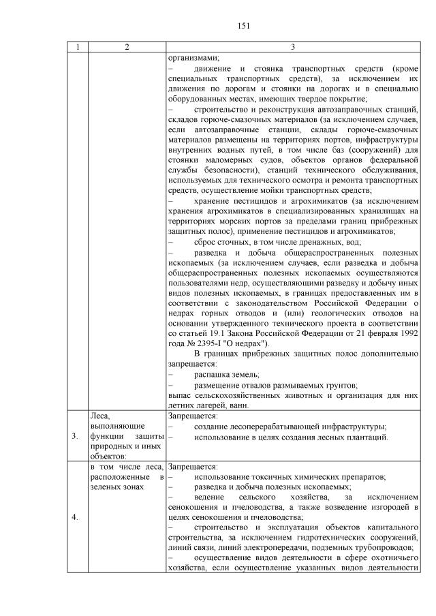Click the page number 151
(243, 26)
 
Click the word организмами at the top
(190, 58)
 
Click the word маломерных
(217, 161)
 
